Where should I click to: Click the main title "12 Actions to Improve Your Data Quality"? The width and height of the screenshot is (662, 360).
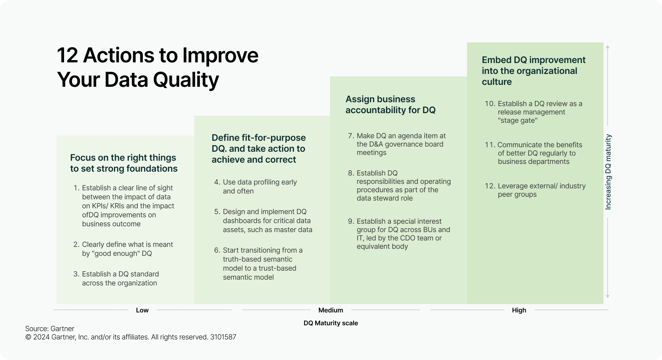[x=158, y=67]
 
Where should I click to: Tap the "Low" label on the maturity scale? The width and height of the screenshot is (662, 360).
[x=142, y=310]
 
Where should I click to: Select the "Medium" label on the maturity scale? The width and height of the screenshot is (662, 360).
[x=331, y=310]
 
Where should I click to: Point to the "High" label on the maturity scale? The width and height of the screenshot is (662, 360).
[x=519, y=310]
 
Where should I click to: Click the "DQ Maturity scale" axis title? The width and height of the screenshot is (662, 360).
[x=331, y=323]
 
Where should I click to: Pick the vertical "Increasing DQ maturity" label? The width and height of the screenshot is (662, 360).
[x=608, y=172]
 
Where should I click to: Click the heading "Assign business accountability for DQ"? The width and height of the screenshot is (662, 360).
[x=391, y=104]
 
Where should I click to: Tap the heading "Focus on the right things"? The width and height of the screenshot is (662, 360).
[x=123, y=157]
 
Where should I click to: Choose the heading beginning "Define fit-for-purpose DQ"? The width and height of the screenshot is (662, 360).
[x=259, y=148]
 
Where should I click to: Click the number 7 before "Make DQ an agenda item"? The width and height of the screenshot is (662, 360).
[x=351, y=136]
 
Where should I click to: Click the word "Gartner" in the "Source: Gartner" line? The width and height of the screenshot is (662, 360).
[x=63, y=328]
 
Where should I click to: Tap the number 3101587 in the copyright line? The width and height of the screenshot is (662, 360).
[x=223, y=337]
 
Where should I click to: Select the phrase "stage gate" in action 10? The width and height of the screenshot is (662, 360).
[x=518, y=121]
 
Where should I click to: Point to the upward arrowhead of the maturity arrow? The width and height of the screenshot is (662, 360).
[x=608, y=47]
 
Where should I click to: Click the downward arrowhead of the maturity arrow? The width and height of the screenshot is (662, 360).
[x=608, y=296]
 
